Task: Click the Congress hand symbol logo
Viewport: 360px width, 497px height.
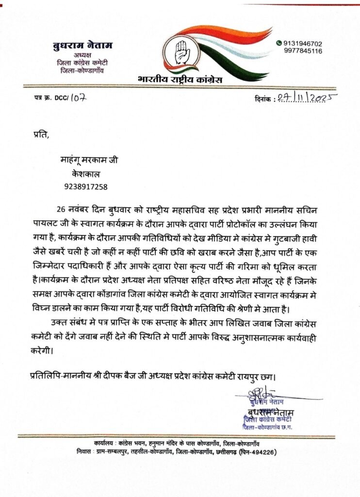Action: (x=181, y=51)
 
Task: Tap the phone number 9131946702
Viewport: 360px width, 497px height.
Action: (x=303, y=43)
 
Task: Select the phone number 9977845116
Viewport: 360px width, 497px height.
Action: (x=303, y=50)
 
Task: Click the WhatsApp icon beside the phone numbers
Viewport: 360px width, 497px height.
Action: (x=279, y=43)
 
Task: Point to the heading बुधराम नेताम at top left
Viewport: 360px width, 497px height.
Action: (x=82, y=46)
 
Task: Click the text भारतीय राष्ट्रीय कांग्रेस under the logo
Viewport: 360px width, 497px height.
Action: (x=180, y=79)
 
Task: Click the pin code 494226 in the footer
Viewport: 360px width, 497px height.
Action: (x=264, y=452)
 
